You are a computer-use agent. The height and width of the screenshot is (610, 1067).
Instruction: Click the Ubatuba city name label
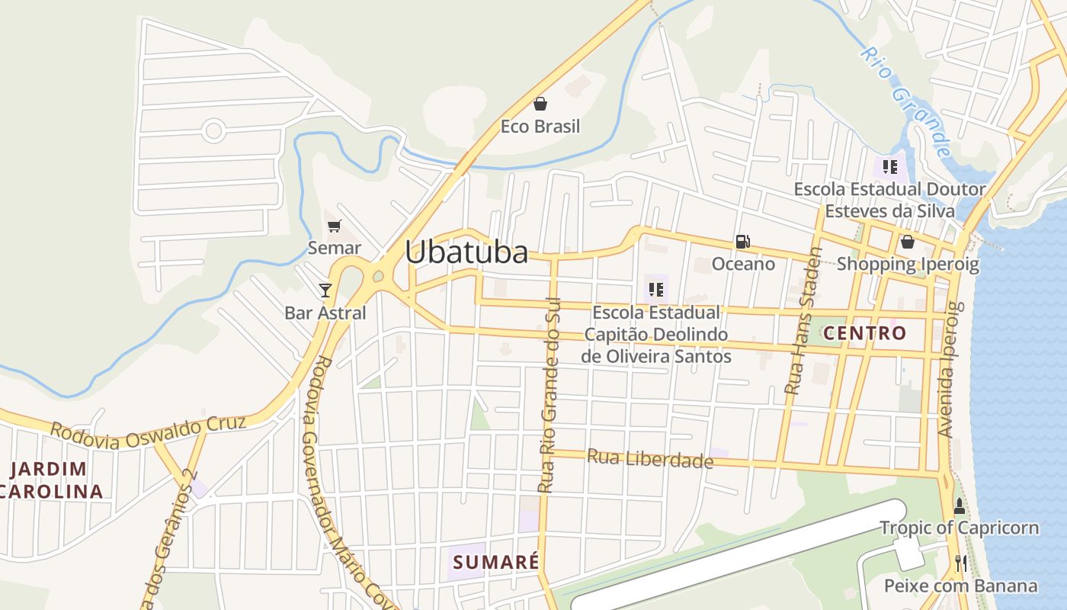point(466,252)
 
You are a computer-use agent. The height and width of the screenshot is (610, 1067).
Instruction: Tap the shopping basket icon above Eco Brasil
point(540,104)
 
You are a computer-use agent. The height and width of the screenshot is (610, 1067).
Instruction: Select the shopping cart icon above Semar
point(334,226)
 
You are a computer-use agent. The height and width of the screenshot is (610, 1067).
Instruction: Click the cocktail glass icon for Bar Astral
point(325,290)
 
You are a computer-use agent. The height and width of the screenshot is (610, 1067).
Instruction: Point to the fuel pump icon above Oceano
point(742,242)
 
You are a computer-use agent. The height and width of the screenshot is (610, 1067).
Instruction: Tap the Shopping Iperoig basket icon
point(907,242)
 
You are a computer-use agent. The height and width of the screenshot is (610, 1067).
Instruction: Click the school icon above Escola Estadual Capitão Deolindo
point(656,290)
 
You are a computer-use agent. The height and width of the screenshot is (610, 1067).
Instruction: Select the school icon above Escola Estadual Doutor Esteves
point(889,166)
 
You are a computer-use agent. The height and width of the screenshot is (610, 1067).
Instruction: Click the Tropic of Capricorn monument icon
point(959,505)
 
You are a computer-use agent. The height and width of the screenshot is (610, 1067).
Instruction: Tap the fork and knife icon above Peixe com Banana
point(960,563)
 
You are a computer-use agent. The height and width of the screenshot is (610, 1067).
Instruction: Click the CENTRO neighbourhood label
point(865,333)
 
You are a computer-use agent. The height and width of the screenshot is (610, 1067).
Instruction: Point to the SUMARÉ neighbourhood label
point(496,563)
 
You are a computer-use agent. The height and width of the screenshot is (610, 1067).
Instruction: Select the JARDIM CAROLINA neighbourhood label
point(52,480)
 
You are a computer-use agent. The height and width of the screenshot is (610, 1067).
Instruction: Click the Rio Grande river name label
point(906,101)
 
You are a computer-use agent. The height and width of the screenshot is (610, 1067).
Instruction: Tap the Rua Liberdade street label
point(650,460)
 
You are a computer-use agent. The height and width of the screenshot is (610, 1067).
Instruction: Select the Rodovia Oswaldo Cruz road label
point(148,432)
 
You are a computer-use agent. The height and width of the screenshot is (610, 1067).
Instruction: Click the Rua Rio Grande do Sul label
point(549,395)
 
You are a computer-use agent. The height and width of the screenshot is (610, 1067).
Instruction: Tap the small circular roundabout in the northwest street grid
point(213,130)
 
